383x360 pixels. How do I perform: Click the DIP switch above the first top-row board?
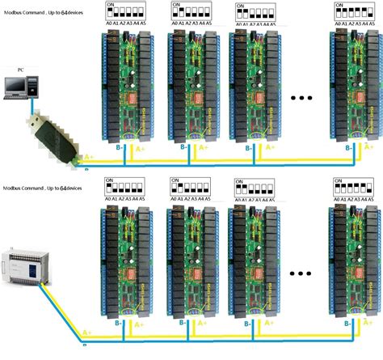125,13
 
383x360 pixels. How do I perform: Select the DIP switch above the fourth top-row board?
354,13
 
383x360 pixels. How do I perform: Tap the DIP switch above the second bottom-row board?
189,187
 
